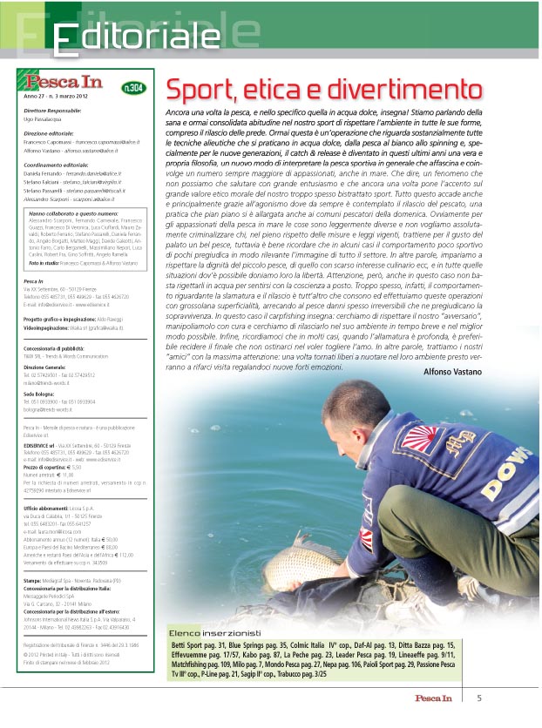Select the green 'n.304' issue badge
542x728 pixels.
(x=134, y=87)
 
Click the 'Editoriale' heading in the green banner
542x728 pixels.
(x=135, y=37)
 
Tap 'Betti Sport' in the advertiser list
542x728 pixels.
(x=190, y=644)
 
